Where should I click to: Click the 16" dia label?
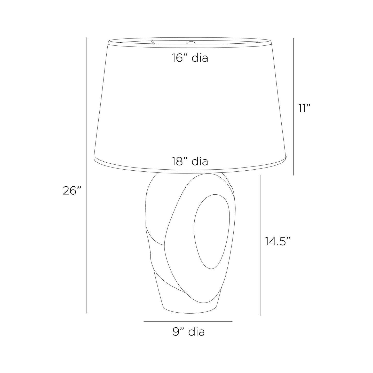tap(190, 58)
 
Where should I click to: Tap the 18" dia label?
tap(190, 162)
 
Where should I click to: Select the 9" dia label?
tap(189, 332)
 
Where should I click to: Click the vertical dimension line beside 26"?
tap(87, 176)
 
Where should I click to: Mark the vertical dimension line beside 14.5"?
tap(260, 245)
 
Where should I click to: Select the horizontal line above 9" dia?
tap(188, 322)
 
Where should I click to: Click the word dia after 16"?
tap(200, 58)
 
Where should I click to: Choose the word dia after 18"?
tap(200, 162)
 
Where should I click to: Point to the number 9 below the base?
tap(176, 332)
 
